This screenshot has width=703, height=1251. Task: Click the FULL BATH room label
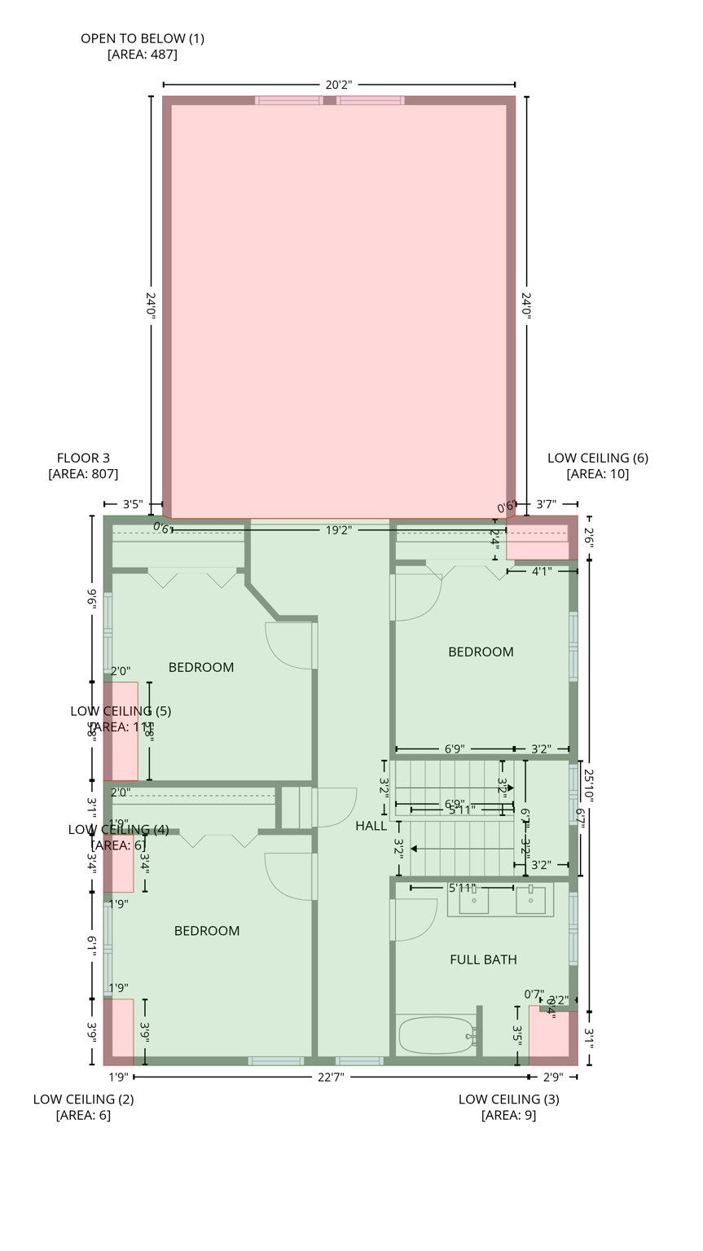[x=483, y=959]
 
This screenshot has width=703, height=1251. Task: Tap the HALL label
[x=371, y=826]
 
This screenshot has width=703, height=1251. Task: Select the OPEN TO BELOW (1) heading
[x=143, y=38]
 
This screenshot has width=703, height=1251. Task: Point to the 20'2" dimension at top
[x=339, y=85]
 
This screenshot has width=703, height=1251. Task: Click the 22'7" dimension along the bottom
[x=331, y=1077]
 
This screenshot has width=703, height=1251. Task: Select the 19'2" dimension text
[x=339, y=530]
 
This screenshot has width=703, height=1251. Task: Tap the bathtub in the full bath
[x=436, y=1035]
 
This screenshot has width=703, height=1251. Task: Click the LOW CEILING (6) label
[x=597, y=458]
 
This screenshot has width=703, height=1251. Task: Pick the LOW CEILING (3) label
[x=508, y=1099]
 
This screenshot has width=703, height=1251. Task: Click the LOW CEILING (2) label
[x=83, y=1099]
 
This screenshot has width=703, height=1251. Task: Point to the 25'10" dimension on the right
[x=589, y=786]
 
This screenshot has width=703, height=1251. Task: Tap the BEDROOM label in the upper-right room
[x=481, y=652]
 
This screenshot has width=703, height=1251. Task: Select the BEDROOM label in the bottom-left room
[x=207, y=931]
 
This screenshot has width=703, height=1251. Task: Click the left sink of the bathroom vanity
[x=474, y=900]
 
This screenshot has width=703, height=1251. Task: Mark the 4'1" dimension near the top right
[x=542, y=572]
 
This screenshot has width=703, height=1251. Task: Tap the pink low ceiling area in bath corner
[x=550, y=1034]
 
